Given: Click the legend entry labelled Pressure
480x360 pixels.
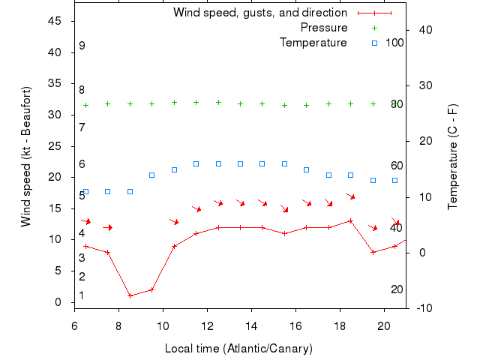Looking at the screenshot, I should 324,28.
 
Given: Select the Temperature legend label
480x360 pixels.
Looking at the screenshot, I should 313,43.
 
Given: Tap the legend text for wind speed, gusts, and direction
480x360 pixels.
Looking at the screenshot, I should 259,13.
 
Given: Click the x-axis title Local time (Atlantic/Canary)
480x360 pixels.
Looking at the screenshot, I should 238,349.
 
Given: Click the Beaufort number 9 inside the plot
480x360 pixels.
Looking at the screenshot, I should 82,46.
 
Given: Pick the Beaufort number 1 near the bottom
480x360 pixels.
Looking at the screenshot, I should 82,295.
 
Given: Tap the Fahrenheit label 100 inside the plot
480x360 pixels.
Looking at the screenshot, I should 394,43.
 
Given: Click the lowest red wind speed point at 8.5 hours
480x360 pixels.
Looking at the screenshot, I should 130,295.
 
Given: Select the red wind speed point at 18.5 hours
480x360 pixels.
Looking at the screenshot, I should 350,220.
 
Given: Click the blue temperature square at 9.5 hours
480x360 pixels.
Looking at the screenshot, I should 151,175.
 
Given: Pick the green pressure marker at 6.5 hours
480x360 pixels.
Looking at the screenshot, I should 85,105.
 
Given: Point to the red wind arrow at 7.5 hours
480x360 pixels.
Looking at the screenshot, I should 108,227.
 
